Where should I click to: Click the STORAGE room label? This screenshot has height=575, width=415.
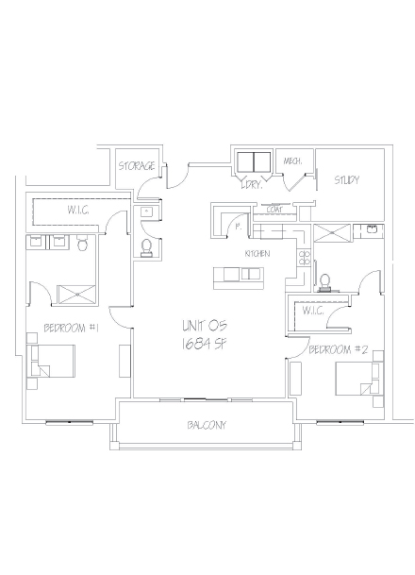pos(136,166)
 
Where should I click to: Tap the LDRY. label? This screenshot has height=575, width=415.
pos(250,184)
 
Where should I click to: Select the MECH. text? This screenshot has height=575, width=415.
pos(292,161)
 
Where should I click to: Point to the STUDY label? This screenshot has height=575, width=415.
pos(346,179)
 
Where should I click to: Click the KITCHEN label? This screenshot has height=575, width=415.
pos(258,255)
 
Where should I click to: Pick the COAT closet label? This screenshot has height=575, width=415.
pos(276,209)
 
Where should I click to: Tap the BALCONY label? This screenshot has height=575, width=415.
pos(207,425)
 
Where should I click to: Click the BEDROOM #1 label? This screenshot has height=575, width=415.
pos(72,328)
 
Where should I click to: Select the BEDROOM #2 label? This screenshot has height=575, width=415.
pos(338,349)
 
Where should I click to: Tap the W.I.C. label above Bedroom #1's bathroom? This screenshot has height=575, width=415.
pos(78,210)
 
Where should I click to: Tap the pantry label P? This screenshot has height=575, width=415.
pos(237,228)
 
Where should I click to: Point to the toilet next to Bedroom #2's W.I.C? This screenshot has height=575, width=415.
pos(325,281)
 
